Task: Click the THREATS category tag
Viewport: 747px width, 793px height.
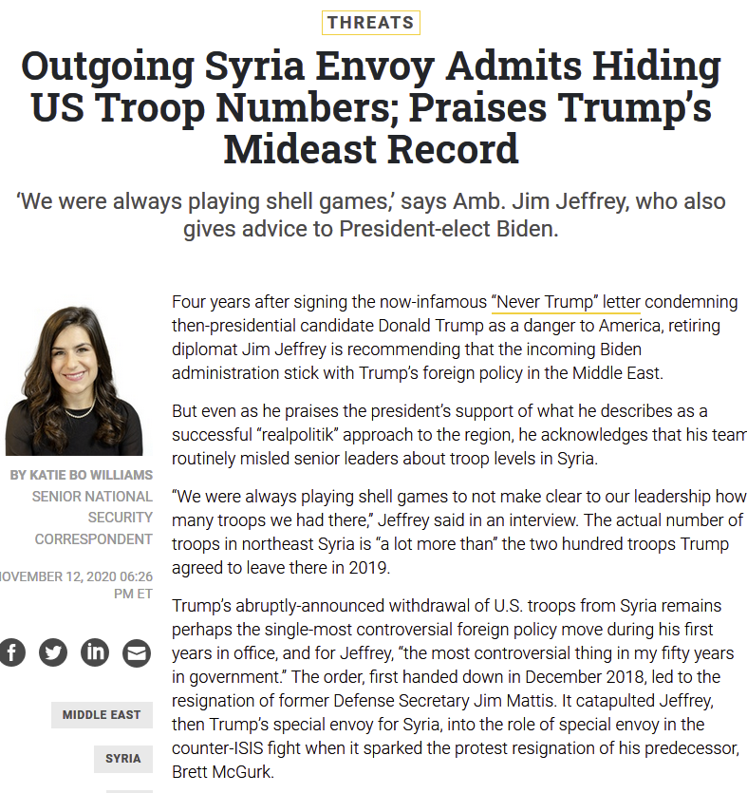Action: click(x=370, y=23)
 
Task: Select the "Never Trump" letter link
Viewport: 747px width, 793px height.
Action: click(x=566, y=302)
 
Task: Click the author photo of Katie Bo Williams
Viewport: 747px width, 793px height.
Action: click(x=75, y=381)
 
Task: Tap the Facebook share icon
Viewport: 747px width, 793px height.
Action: click(x=11, y=652)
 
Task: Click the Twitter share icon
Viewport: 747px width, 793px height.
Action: click(x=53, y=652)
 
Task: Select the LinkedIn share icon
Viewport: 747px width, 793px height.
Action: click(x=95, y=652)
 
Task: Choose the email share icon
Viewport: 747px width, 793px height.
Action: click(x=137, y=652)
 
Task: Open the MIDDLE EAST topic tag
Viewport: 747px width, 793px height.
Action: click(x=102, y=715)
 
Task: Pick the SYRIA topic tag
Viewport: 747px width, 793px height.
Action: click(x=123, y=759)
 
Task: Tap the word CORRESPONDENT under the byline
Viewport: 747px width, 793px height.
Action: click(x=94, y=539)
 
